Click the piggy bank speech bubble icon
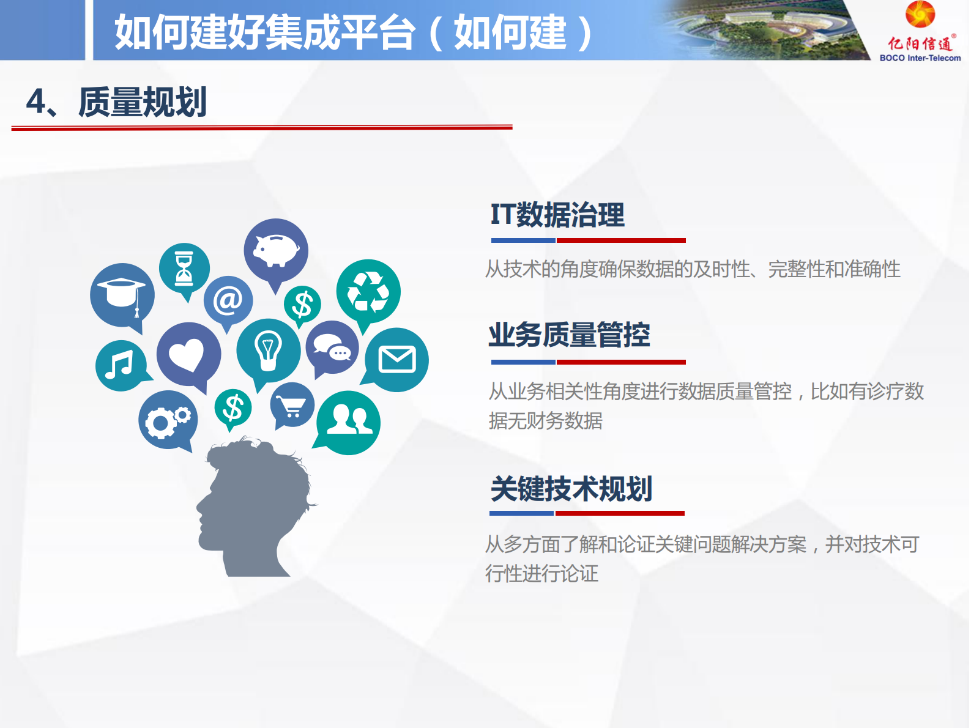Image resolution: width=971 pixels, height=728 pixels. [x=276, y=250]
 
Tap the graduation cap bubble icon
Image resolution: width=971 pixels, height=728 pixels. [x=122, y=294]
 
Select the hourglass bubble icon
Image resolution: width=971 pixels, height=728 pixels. [x=184, y=268]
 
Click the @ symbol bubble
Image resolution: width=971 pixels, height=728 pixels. [x=228, y=300]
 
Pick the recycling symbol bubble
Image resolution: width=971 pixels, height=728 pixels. [x=368, y=291]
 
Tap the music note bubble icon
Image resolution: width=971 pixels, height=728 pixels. [x=121, y=365]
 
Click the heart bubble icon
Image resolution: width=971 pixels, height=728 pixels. [x=188, y=355]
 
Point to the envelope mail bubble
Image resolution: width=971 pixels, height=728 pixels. [x=397, y=360]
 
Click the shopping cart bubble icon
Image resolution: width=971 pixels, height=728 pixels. [x=292, y=405]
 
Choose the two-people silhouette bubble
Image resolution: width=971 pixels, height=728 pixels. [x=349, y=422]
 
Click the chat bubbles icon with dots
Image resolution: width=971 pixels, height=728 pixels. [x=332, y=348]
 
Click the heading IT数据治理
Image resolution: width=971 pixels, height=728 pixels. [x=557, y=215]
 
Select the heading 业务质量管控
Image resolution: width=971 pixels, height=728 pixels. [x=569, y=335]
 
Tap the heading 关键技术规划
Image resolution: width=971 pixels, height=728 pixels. [x=571, y=489]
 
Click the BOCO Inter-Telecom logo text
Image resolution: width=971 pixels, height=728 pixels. [x=920, y=58]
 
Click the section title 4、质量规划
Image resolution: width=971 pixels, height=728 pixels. [x=117, y=102]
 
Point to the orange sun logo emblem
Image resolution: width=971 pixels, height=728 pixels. [x=920, y=15]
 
